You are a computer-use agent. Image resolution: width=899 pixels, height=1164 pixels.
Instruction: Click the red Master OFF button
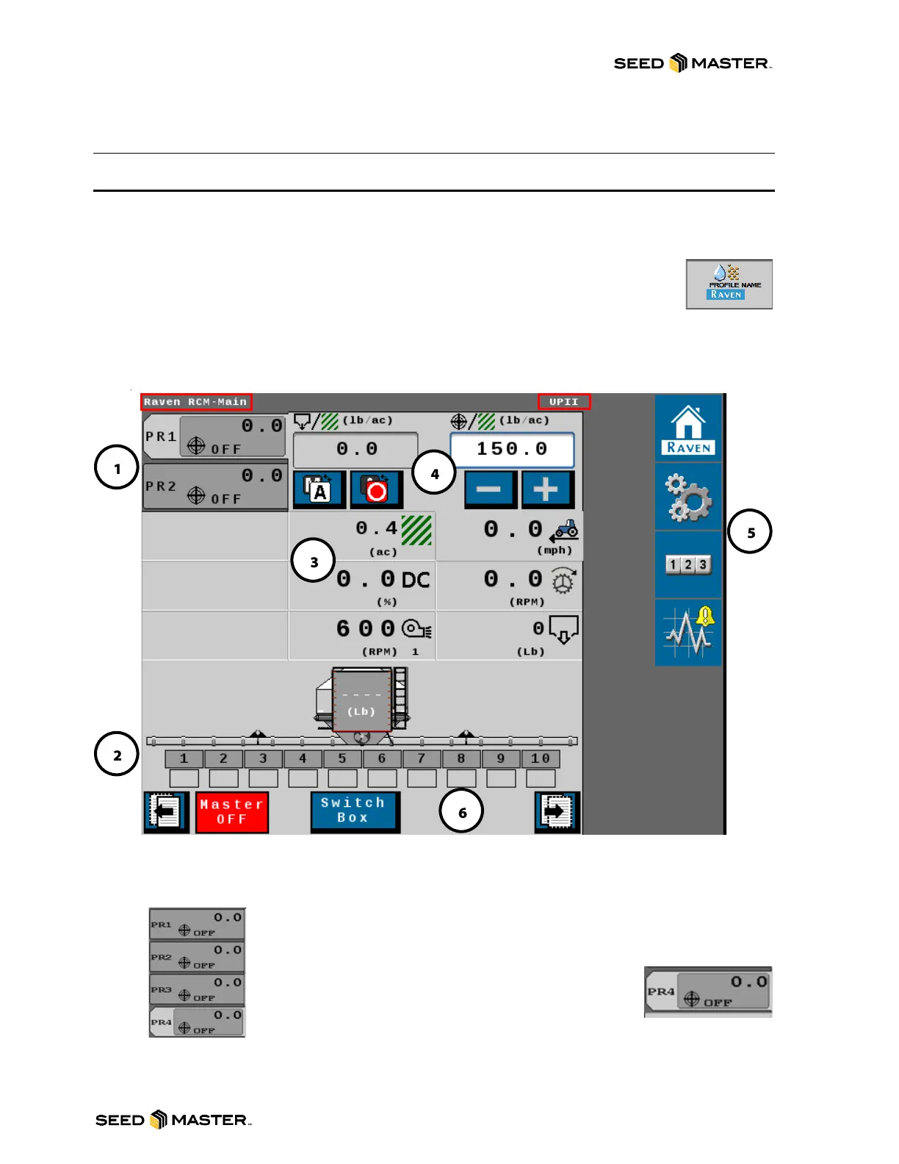[232, 812]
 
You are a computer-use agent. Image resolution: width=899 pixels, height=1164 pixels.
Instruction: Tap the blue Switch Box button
[355, 811]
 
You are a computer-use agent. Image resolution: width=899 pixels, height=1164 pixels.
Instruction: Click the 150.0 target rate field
[512, 449]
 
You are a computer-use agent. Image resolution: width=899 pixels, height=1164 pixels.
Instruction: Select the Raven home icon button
[688, 429]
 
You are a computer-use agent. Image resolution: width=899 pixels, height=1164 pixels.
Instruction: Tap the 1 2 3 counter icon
[688, 564]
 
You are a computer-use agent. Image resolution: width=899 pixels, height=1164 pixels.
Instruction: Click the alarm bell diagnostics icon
[688, 632]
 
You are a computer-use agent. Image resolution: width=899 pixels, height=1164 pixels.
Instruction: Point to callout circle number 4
[434, 473]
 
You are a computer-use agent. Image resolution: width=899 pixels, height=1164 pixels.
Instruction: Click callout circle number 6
[462, 812]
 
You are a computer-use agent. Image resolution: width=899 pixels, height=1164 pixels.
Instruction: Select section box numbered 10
[541, 758]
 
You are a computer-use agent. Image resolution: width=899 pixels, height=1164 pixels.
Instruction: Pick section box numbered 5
[342, 758]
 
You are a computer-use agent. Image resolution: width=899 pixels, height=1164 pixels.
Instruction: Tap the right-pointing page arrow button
[557, 812]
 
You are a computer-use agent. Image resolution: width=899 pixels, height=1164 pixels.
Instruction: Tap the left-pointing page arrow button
[166, 812]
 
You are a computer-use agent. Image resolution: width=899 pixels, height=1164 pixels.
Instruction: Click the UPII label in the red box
[563, 402]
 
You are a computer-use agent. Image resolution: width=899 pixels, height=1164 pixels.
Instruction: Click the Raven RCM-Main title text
[195, 402]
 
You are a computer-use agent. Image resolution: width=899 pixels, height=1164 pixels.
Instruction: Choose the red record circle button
[376, 489]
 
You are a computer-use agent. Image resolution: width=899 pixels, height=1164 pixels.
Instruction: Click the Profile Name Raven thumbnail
[729, 284]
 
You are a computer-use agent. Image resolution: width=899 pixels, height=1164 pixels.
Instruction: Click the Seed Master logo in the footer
[173, 1120]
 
